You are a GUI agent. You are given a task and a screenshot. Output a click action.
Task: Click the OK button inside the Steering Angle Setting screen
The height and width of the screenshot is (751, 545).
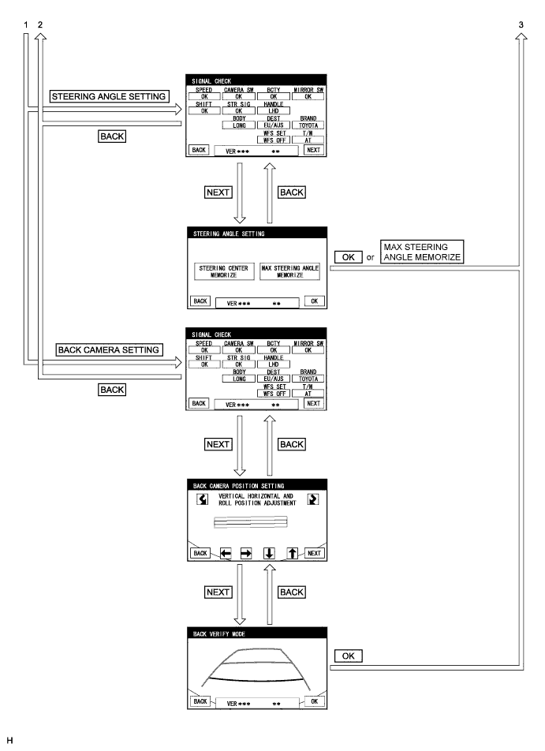click(316, 301)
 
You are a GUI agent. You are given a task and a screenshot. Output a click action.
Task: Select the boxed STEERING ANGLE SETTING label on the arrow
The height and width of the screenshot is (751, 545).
click(109, 96)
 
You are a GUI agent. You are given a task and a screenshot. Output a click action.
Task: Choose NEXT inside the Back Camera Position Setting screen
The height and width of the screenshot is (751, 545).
click(315, 553)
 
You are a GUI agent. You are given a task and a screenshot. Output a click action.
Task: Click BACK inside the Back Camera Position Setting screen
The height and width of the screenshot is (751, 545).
click(199, 553)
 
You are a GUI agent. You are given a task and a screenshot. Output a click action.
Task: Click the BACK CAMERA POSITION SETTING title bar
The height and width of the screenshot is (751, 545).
click(256, 484)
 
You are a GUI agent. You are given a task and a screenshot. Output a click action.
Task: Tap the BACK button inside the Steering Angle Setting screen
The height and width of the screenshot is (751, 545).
click(199, 301)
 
